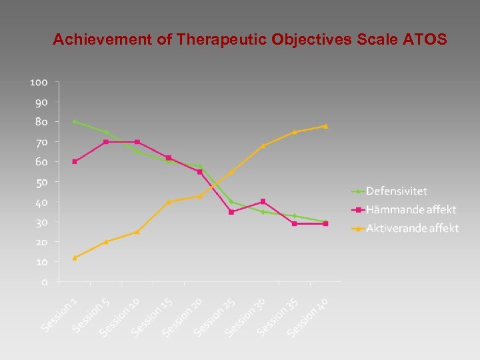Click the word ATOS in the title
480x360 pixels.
click(425, 39)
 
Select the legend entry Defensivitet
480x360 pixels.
click(397, 191)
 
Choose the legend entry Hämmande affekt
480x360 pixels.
click(410, 209)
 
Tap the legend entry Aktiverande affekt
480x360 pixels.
click(411, 228)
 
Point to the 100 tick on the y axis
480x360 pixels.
click(39, 82)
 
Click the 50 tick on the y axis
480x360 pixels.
click(41, 182)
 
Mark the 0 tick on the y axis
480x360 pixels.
click(44, 282)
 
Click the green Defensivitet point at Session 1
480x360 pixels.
click(75, 121)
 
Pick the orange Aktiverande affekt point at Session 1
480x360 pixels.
click(75, 257)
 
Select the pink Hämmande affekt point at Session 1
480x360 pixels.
click(75, 161)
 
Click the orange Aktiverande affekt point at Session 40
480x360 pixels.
click(325, 126)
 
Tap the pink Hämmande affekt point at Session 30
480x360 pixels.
click(263, 201)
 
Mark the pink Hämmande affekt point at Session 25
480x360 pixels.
click(231, 212)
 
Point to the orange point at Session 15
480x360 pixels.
click(169, 202)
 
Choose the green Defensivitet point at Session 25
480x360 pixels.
click(231, 201)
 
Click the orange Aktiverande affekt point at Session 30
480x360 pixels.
click(263, 145)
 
